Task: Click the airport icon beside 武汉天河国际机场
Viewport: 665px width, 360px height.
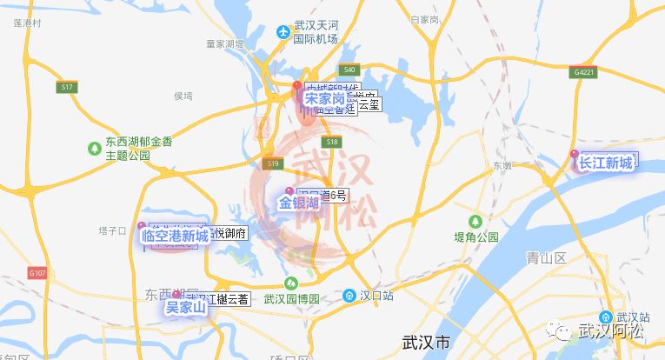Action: [x=283, y=33]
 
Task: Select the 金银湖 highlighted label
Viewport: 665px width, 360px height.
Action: [x=299, y=203]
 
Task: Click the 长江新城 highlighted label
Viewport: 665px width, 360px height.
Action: [x=607, y=163]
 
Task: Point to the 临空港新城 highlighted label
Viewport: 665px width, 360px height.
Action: [x=175, y=236]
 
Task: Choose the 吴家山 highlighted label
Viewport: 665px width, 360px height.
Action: [x=185, y=307]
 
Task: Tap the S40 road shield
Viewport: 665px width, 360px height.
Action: [x=349, y=70]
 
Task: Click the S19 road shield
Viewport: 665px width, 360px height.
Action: [x=272, y=163]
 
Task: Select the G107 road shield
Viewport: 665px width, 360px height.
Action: [x=37, y=272]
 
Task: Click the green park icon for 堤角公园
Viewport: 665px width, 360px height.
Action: [x=475, y=221]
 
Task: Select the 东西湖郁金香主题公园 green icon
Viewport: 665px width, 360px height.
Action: [x=94, y=149]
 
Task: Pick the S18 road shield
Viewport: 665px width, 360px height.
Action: [x=330, y=141]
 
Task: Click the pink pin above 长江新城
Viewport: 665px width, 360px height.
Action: [x=574, y=154]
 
